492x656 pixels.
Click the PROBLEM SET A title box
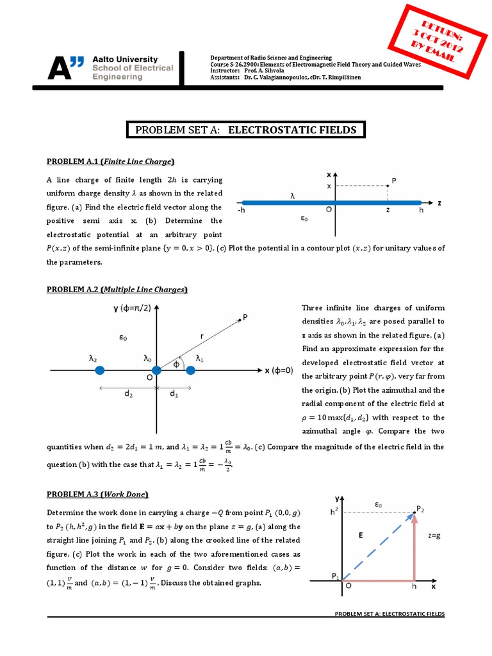[245, 130]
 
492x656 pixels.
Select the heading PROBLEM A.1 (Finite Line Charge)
[110, 161]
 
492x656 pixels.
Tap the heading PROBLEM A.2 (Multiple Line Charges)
[117, 290]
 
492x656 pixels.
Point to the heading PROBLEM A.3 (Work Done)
[97, 494]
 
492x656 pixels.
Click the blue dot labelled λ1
[190, 371]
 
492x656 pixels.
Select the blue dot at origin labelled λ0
[156, 371]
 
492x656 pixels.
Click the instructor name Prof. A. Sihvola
[271, 72]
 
